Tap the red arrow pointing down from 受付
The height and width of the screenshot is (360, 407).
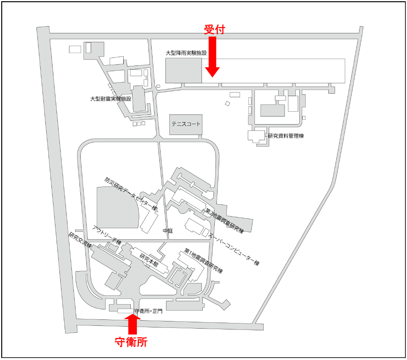tap(212, 56)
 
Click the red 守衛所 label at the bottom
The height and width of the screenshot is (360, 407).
tap(131, 342)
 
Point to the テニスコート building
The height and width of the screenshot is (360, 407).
tap(185, 124)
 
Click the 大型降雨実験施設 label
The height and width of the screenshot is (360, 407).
tap(186, 53)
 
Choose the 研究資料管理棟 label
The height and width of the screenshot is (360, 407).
tap(285, 136)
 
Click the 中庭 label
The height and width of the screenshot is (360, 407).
tap(167, 231)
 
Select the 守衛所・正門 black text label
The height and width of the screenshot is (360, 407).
tap(148, 311)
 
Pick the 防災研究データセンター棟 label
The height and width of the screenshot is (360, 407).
tap(130, 193)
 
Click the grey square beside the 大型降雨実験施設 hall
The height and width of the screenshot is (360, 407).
tap(183, 70)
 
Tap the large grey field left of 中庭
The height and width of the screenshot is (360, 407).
tap(116, 207)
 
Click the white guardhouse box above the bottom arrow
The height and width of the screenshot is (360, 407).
tap(125, 311)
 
